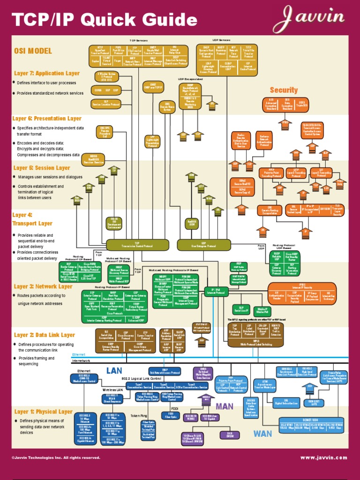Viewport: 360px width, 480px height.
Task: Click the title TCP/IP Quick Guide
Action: coord(104,20)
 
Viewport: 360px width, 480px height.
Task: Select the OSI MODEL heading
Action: coord(33,51)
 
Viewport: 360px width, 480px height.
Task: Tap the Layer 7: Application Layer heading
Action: coord(47,73)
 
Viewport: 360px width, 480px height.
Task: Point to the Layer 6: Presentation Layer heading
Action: coord(47,119)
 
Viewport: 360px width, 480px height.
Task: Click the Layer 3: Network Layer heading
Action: coord(43,286)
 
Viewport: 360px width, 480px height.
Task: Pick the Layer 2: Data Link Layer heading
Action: coord(45,335)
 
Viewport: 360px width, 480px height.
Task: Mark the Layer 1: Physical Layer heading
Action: coord(43,412)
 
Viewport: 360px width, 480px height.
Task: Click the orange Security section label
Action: coord(284,90)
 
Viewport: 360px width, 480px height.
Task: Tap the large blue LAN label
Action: coord(114,371)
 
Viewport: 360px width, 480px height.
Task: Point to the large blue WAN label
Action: coord(262,434)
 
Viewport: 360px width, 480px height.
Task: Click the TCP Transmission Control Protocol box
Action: coord(137,245)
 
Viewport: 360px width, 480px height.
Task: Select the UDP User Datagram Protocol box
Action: coord(204,245)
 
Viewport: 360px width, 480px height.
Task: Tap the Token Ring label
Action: coord(139,416)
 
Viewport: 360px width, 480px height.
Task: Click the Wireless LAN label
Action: coord(112,390)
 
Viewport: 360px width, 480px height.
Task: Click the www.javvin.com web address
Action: coord(324,457)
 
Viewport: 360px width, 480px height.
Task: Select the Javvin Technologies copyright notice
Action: coord(56,457)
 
